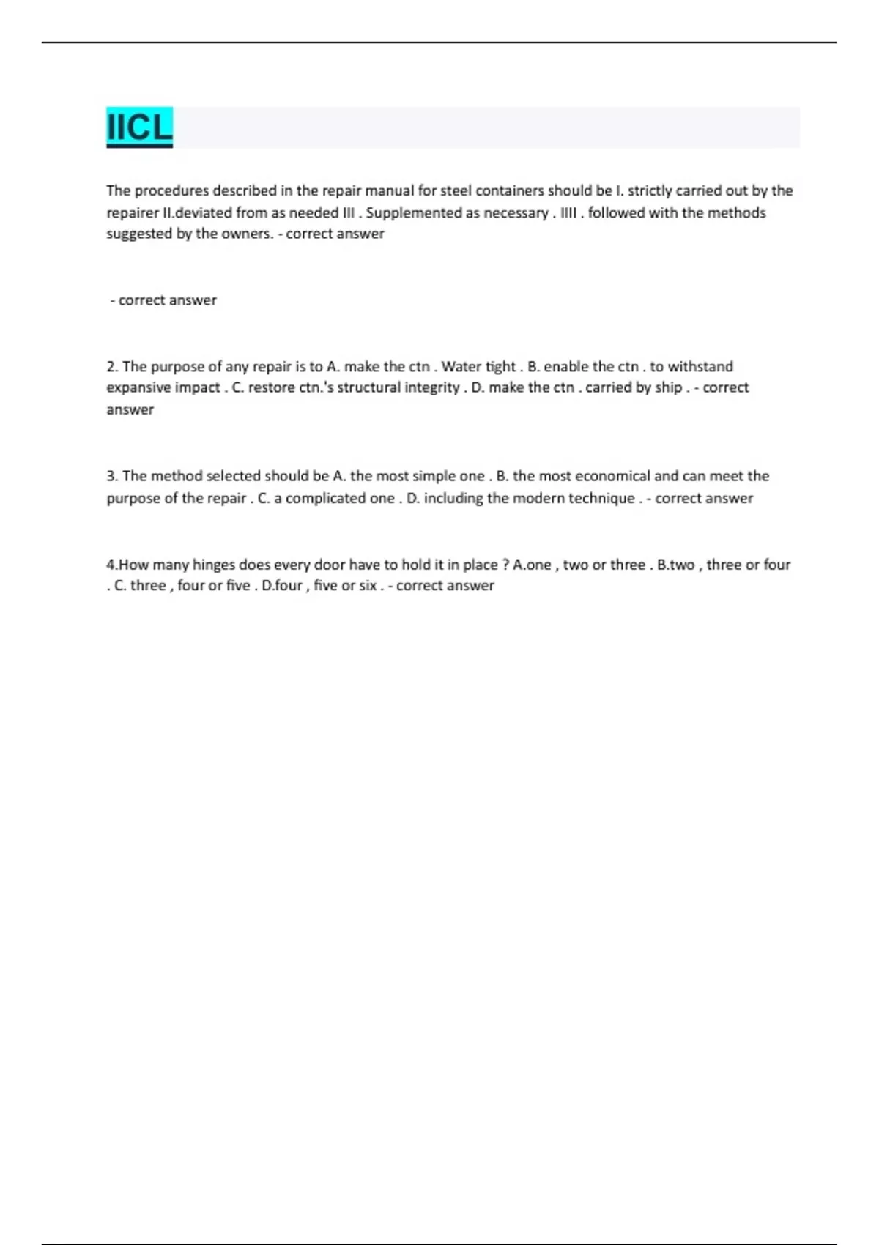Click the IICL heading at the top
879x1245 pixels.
pos(139,127)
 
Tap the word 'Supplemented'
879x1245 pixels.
pos(413,212)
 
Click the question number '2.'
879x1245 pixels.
pos(112,366)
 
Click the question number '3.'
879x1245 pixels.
pos(112,476)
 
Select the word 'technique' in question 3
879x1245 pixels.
pos(602,498)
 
